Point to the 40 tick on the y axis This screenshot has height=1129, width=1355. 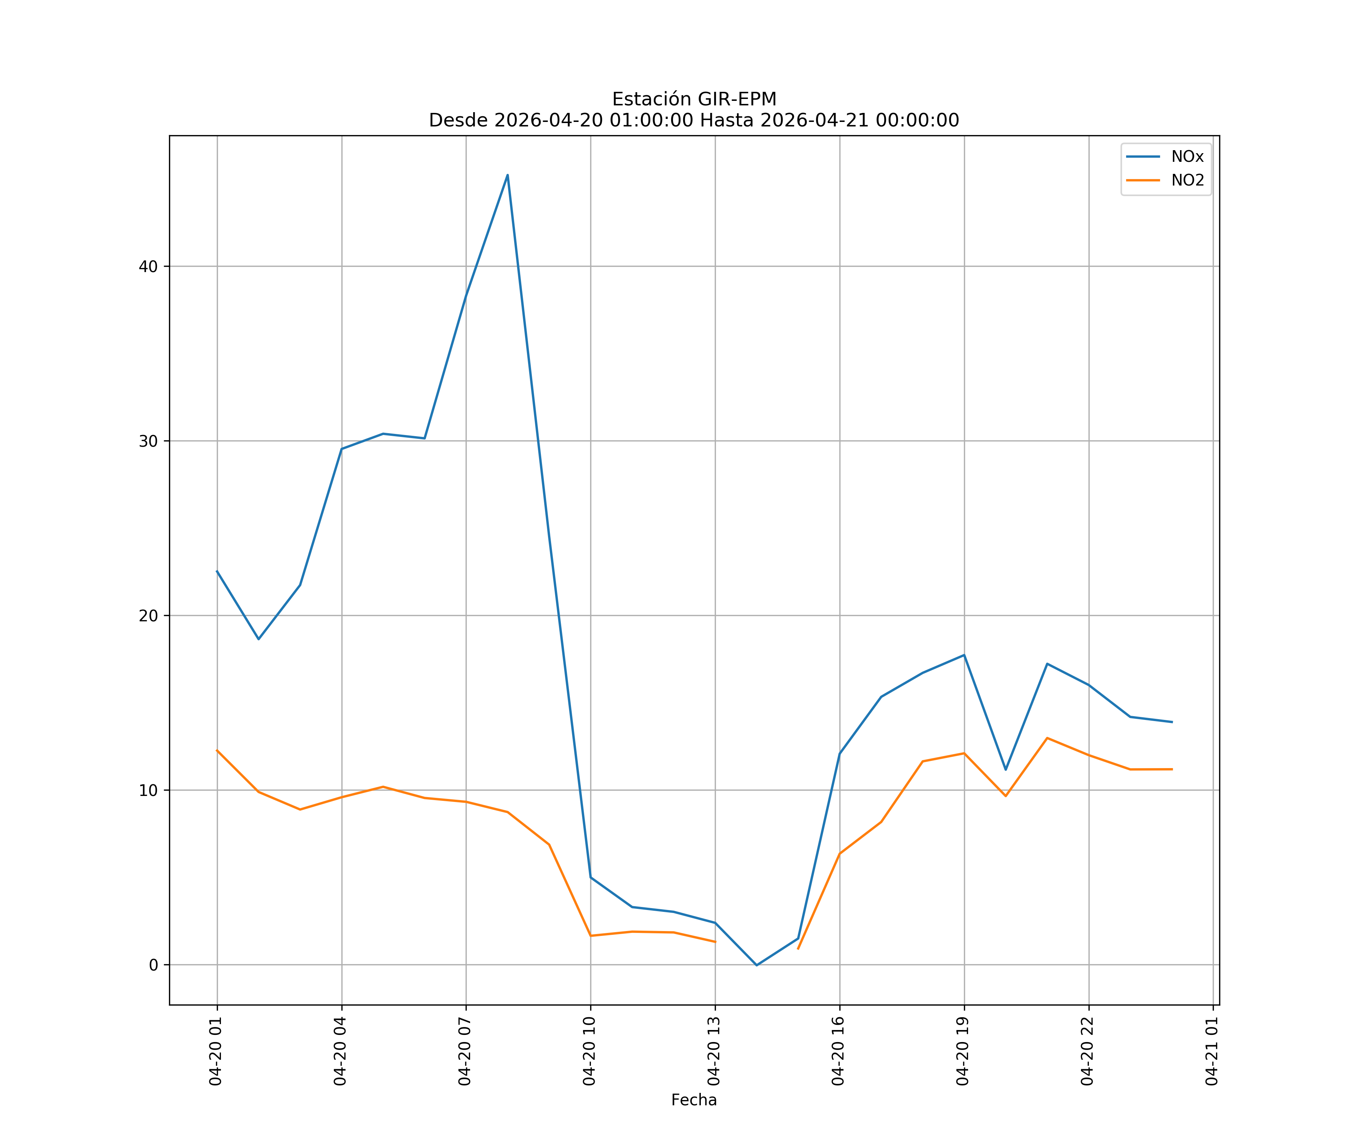[x=148, y=266]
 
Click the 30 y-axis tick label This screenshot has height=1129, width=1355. [x=148, y=441]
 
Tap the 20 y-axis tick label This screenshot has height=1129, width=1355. [x=148, y=615]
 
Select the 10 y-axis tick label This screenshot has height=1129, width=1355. [x=148, y=790]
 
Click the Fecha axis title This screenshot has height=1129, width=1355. [x=694, y=1100]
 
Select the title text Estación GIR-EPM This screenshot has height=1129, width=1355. [x=694, y=99]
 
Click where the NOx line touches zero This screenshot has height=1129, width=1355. [x=757, y=965]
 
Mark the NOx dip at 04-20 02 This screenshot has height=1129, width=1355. [x=259, y=639]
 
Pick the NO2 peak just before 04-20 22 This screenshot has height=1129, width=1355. [x=1047, y=738]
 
